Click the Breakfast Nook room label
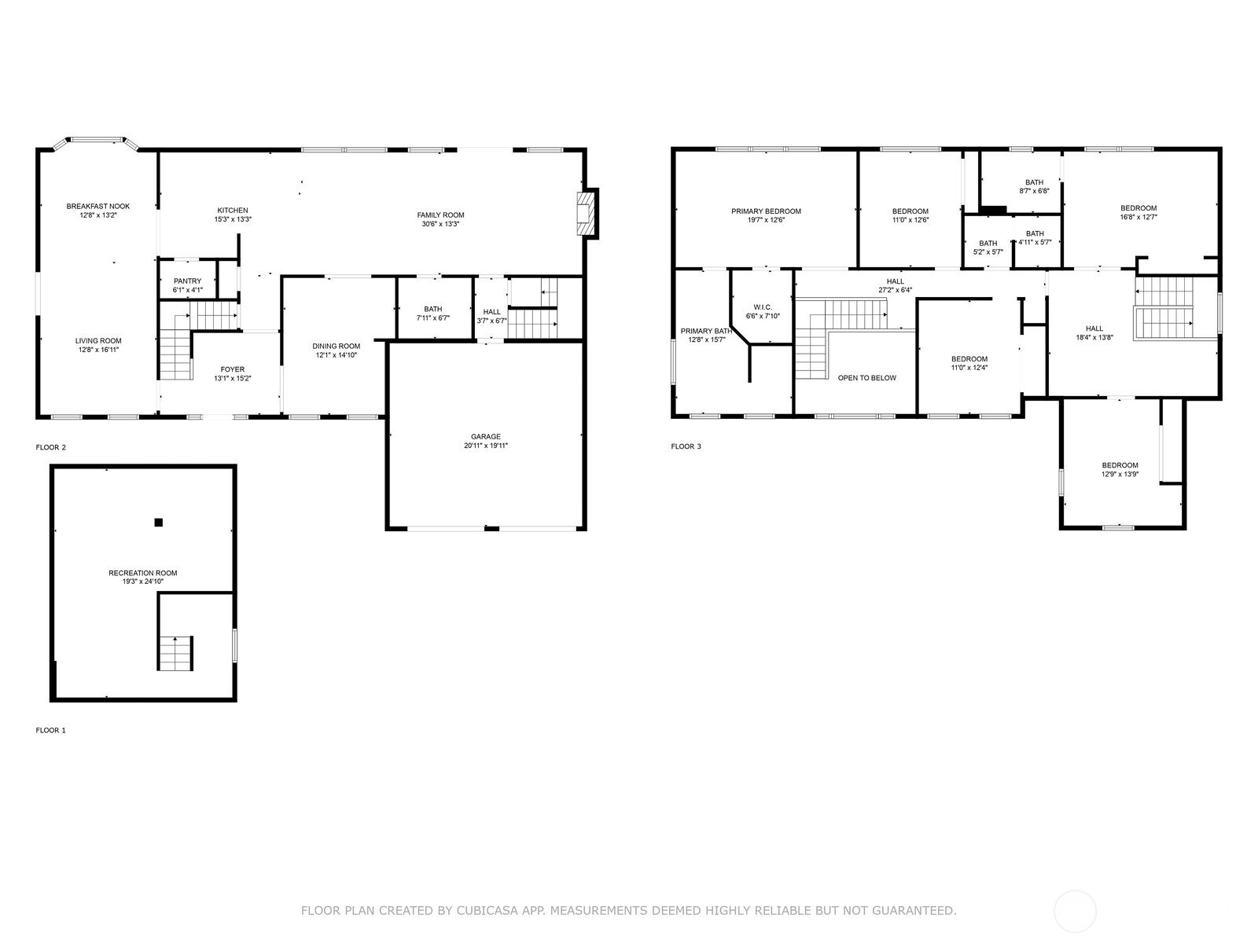[x=97, y=207]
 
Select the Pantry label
[x=187, y=281]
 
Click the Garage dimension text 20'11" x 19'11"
[x=486, y=446]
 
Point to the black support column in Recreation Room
[x=158, y=523]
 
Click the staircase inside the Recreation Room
[x=175, y=653]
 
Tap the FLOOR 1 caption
[x=51, y=731]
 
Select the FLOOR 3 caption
[x=686, y=447]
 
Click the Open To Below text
[x=866, y=378]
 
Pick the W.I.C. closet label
[x=762, y=307]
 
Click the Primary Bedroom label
[x=766, y=211]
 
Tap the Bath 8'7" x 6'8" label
[x=1034, y=183]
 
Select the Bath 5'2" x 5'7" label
[x=988, y=244]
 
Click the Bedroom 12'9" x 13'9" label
[x=1120, y=465]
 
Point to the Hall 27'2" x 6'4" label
[x=895, y=281]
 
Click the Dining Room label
[x=336, y=347]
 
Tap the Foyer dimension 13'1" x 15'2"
[x=232, y=379]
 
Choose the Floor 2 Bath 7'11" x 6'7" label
[x=432, y=310]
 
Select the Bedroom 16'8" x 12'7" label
[x=1138, y=208]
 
